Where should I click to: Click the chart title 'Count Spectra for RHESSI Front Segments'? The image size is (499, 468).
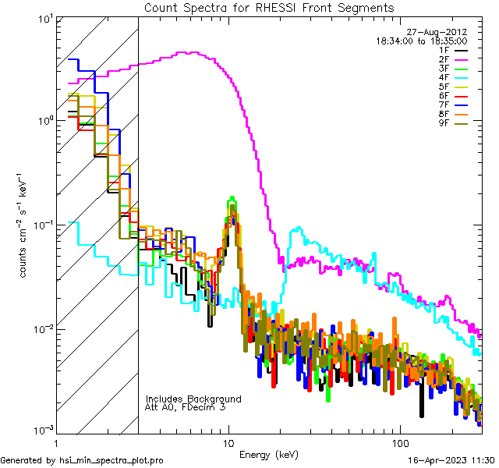(269, 7)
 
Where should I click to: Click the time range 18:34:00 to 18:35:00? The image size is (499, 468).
(422, 41)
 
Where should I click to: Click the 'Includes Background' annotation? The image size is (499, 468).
(193, 399)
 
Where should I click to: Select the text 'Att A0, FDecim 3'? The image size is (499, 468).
(186, 407)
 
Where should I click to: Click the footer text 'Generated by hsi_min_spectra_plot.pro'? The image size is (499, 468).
(82, 461)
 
